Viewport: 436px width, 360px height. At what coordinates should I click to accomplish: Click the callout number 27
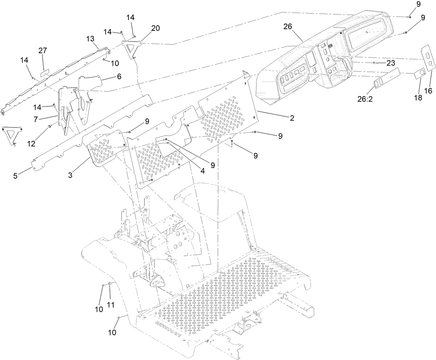point(43,51)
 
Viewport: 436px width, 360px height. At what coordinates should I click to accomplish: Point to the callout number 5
point(15,176)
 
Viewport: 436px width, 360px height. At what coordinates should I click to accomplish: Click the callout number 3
point(70,175)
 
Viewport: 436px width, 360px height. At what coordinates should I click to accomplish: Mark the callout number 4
point(202,170)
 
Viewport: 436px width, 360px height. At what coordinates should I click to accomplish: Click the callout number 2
point(292,118)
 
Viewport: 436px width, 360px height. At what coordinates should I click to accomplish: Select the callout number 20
point(155,28)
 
